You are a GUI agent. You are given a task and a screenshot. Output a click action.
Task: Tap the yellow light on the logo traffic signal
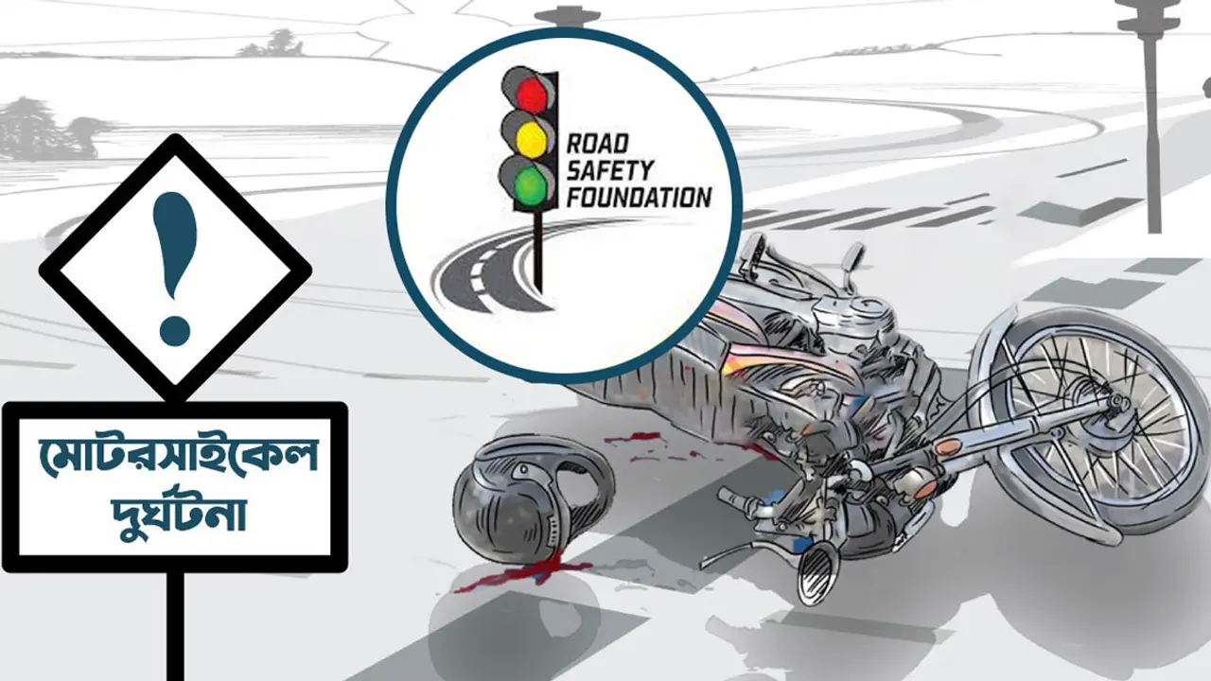coord(531,139)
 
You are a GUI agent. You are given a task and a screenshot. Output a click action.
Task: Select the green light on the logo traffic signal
coord(530,183)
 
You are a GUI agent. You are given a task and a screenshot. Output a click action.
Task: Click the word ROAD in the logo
coord(598,144)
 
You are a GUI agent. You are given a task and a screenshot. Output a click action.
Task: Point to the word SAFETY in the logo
coord(610,171)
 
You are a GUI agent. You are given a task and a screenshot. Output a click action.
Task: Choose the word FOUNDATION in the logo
coord(639,198)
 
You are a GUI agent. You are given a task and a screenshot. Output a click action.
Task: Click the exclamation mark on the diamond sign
coord(173,269)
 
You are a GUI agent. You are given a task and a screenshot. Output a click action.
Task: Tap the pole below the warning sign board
coord(175,626)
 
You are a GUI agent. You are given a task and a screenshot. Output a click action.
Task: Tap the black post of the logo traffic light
coord(537,252)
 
